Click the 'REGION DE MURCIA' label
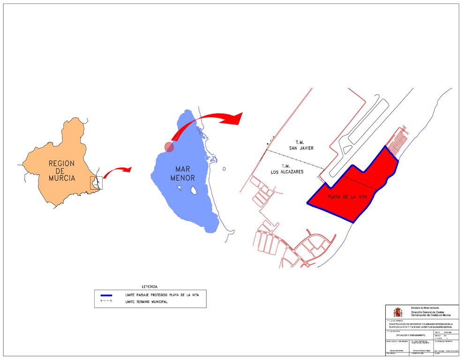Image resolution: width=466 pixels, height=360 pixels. click(61, 171)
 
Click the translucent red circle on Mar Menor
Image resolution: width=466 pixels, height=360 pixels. click(169, 147)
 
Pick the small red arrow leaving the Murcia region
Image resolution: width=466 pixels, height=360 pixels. click(117, 171)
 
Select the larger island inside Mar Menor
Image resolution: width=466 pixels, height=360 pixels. click(193, 190)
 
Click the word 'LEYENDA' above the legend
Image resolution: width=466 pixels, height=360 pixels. click(150, 286)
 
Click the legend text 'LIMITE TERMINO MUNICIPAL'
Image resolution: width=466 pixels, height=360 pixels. click(146, 302)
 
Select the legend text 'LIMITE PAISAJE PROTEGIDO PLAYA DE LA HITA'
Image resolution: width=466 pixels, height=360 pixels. click(165, 295)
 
